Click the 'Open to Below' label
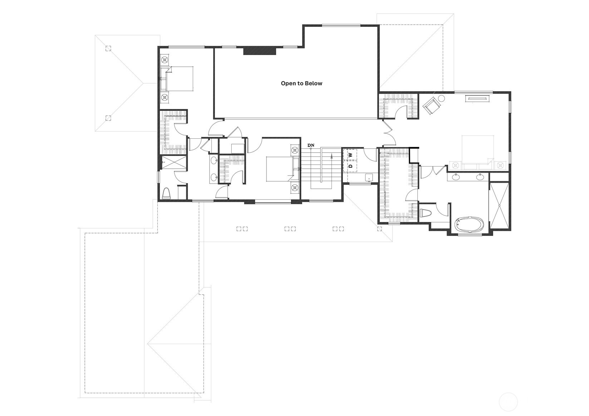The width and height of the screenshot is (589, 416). pos(301,83)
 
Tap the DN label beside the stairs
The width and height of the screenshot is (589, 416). pos(311,145)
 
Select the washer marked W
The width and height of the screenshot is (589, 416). pos(350,155)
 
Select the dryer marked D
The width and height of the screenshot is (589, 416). pos(350,166)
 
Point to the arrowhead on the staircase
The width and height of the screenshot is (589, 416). pos(332,155)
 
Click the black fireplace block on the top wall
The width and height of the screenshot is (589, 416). pos(260,51)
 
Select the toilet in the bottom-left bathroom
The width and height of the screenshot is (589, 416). pos(166,194)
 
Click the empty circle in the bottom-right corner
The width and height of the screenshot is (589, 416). pos(508,401)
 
